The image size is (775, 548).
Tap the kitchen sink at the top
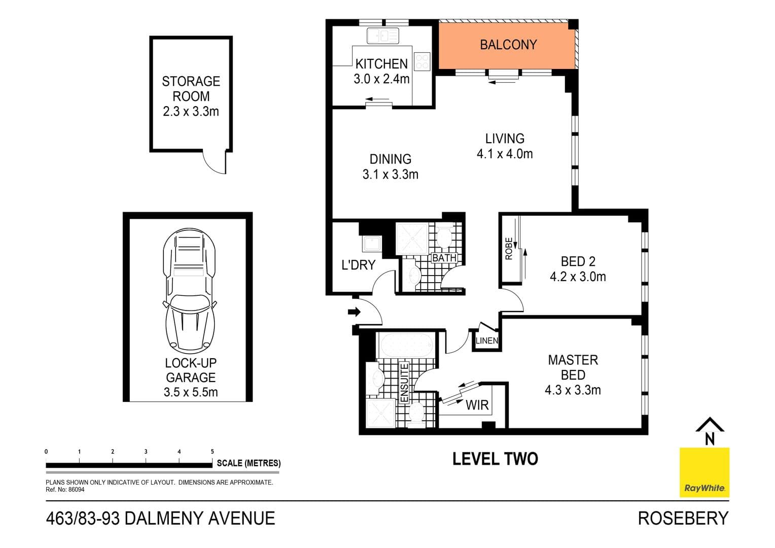click(382, 36)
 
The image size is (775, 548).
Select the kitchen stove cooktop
click(422, 61)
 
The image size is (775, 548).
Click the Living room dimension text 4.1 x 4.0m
click(505, 154)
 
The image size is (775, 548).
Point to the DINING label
click(390, 159)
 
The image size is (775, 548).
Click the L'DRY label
click(358, 265)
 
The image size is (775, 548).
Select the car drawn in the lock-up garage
click(189, 292)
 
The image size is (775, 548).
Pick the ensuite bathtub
click(406, 346)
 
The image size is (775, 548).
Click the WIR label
click(477, 405)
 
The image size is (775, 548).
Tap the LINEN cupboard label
click(487, 341)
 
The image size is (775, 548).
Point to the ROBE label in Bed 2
click(509, 249)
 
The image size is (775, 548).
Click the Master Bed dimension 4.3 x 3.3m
click(573, 390)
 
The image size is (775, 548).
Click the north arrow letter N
click(710, 439)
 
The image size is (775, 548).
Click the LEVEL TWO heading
click(495, 459)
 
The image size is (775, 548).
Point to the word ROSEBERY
click(683, 519)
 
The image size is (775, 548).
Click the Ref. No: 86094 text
click(65, 490)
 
